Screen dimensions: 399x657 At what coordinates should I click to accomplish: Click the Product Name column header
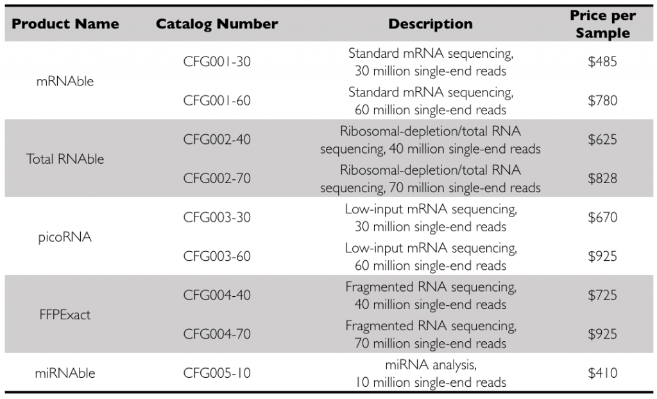coord(65,24)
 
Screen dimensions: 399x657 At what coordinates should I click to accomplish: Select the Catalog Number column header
coord(217,24)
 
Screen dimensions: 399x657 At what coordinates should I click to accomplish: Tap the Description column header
coord(431,24)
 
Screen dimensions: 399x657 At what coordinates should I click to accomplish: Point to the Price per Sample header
coord(602,24)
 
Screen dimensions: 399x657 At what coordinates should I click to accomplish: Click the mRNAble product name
coord(65,82)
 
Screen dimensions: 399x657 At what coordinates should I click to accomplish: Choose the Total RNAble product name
coord(65,159)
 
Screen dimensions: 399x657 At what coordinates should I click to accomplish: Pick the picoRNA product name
coord(65,237)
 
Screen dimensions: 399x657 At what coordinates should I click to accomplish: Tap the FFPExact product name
coord(65,315)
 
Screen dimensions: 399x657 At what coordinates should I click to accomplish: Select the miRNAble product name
coord(65,373)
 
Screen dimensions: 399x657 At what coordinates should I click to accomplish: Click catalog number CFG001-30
coord(217,62)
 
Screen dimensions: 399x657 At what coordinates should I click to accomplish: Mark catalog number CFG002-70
coord(217,179)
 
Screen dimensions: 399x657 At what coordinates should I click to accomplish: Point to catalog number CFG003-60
coord(217,256)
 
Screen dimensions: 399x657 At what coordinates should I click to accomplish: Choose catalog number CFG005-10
coord(217,373)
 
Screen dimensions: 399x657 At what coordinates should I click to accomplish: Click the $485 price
coord(602,62)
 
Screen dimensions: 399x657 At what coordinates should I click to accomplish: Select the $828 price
coord(602,179)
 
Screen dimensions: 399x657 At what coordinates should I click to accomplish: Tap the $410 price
coord(602,373)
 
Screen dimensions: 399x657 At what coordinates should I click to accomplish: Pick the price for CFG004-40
coord(602,296)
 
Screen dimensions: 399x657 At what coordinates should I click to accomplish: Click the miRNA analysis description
coord(431,373)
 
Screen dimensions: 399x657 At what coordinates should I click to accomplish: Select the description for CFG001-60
coord(431,101)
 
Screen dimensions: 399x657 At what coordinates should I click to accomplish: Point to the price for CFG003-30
coord(602,218)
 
